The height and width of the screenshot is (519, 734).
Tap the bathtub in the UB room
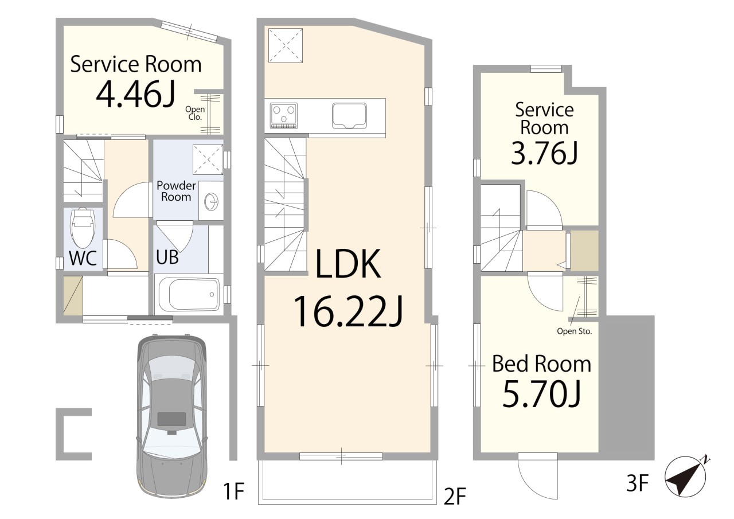pos(189,294)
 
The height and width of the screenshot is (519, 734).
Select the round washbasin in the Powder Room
pos(211,201)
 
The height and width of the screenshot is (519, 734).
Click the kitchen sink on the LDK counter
pos(349,116)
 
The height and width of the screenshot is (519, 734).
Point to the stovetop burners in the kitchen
pos(284,115)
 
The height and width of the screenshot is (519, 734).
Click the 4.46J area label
pos(136,93)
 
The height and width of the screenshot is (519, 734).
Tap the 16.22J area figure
pos(348,311)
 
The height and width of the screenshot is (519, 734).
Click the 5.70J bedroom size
pos(541,395)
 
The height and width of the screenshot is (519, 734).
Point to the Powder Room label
pos(176,191)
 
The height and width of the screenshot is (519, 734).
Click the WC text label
pos(83,258)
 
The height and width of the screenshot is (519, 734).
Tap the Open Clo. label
pos(195,113)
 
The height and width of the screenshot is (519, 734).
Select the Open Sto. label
pos(575,331)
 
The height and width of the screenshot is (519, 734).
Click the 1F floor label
pos(233,491)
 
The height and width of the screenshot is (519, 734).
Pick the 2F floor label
pos(455,496)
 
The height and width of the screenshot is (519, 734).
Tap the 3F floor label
pos(637,483)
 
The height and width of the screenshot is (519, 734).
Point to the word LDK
pos(348,264)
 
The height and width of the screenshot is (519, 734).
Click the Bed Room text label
pos(541,364)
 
